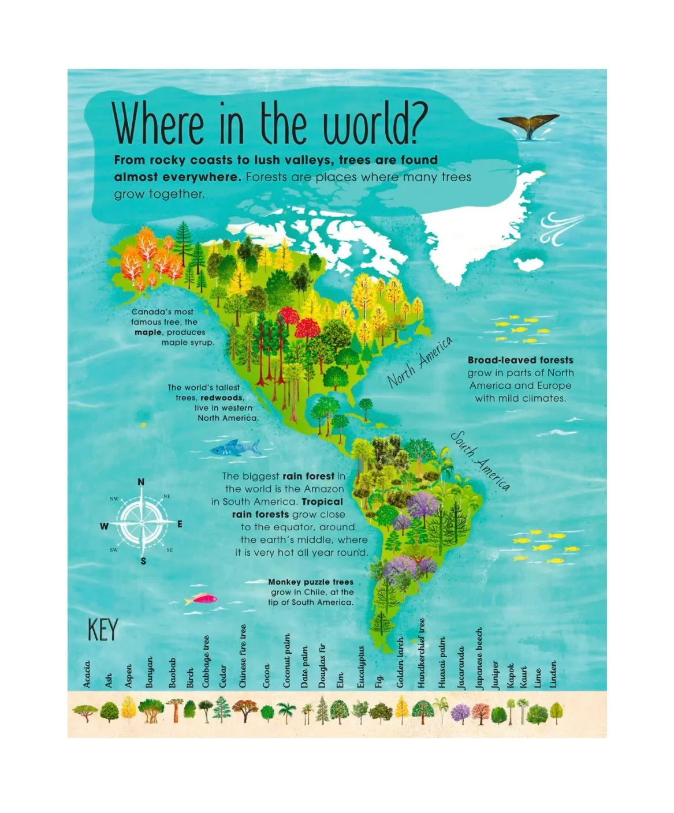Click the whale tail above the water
click(x=528, y=124)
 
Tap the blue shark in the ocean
click(x=234, y=447)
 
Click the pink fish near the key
click(x=201, y=599)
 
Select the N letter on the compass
click(x=141, y=482)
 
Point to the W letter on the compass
click(x=104, y=526)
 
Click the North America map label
click(x=419, y=362)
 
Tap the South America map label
click(x=481, y=460)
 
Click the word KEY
click(x=102, y=630)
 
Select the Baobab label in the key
click(x=172, y=673)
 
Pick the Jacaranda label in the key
click(x=461, y=668)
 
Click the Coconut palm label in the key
click(x=286, y=661)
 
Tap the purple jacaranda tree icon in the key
click(x=460, y=713)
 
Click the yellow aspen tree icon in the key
click(x=129, y=709)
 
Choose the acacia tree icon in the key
click(x=85, y=713)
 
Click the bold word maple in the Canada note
click(x=148, y=332)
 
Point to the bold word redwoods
click(x=222, y=398)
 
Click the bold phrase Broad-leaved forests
click(x=520, y=360)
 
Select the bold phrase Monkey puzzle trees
click(x=311, y=582)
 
